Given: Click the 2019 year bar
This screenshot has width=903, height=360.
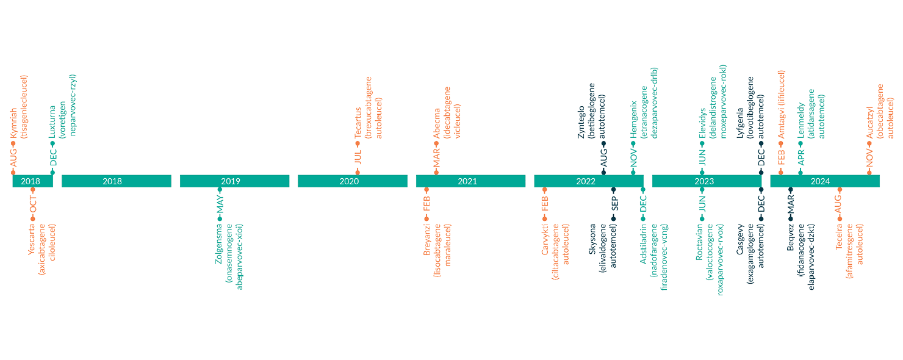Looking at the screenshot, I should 234,181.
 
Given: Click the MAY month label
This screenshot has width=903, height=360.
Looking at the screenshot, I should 220,207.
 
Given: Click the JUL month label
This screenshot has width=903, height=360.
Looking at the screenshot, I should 358,157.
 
